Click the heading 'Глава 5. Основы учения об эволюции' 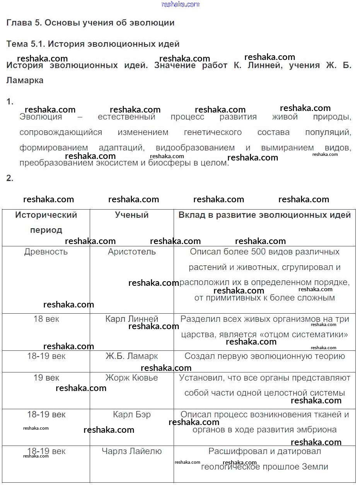90,23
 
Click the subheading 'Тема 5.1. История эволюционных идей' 93,44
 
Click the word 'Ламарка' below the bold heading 25,80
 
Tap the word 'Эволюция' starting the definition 41,117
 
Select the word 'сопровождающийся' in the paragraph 61,132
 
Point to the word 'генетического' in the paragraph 213,132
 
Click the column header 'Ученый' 131,215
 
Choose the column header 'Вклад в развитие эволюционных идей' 264,215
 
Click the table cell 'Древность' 46,252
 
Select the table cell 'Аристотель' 132,252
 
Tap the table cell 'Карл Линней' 132,319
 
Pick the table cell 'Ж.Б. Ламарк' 132,356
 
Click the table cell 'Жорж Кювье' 132,378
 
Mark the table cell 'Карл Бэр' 132,415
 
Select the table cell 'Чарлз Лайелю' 132,451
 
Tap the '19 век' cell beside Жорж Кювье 46,378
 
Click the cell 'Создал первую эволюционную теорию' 264,356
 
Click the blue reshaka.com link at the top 180,4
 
